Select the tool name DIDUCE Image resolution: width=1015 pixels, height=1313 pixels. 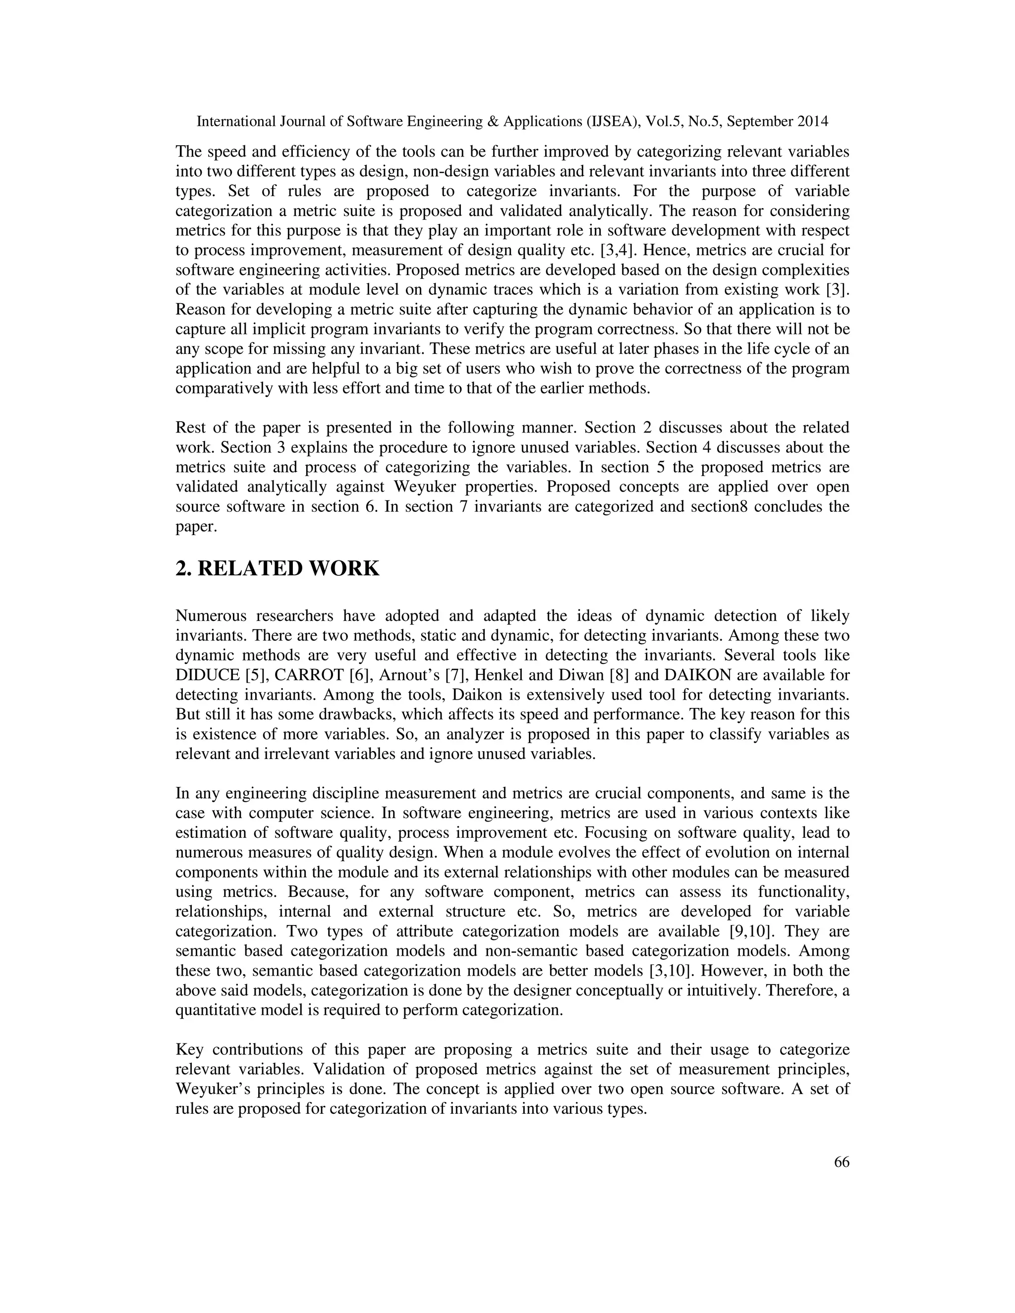pos(208,675)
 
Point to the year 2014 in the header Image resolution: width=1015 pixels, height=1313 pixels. pos(812,121)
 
